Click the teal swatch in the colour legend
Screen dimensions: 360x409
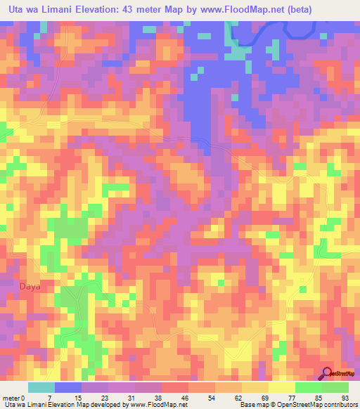(41, 387)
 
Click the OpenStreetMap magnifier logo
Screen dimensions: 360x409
(327, 373)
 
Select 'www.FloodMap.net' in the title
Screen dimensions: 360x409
(238, 8)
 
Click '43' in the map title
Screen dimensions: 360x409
(122, 8)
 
